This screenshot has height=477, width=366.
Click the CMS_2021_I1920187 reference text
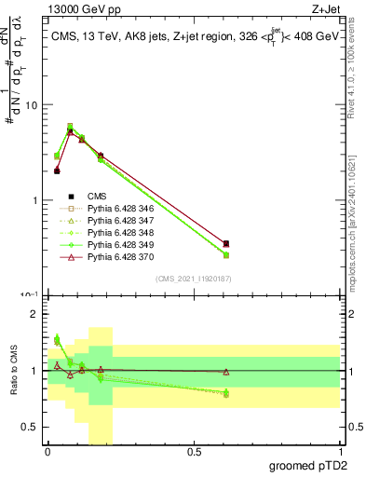pyautogui.click(x=193, y=279)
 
